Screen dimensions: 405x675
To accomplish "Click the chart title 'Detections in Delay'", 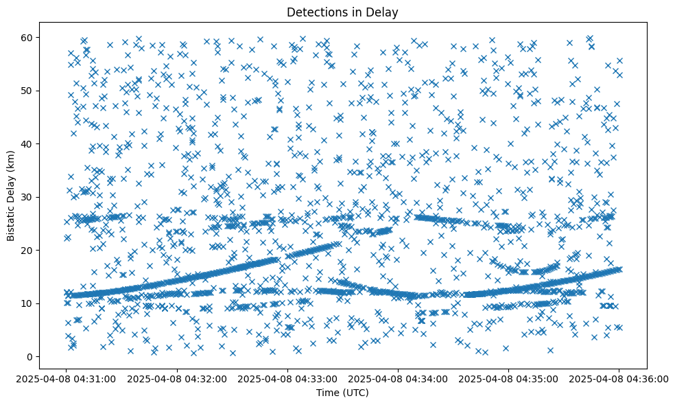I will [x=342, y=12].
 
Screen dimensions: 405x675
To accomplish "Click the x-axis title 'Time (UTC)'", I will [x=342, y=393].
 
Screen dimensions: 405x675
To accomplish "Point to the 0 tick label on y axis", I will [x=31, y=357].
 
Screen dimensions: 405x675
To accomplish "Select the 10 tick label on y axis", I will [x=28, y=303].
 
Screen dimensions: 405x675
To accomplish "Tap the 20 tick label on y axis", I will [x=28, y=251].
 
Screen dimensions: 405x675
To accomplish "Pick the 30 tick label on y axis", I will [x=28, y=197].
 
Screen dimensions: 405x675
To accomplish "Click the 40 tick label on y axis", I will [x=28, y=143].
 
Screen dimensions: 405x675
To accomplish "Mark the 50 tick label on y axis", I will [x=28, y=91].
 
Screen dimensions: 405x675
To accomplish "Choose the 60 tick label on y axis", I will [x=28, y=37].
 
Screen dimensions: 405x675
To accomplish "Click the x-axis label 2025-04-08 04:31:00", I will [x=67, y=378].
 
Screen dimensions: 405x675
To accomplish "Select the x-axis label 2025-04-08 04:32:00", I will [x=177, y=378].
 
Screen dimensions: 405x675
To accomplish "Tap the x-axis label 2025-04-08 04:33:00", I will [x=287, y=378].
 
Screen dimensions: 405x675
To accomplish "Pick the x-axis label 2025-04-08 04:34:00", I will [x=398, y=378].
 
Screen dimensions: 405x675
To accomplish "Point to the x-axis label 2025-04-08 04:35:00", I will [x=508, y=378].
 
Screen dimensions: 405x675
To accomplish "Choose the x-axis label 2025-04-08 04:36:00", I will [x=619, y=378].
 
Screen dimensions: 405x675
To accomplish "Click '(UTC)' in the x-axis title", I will [x=355, y=393].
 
